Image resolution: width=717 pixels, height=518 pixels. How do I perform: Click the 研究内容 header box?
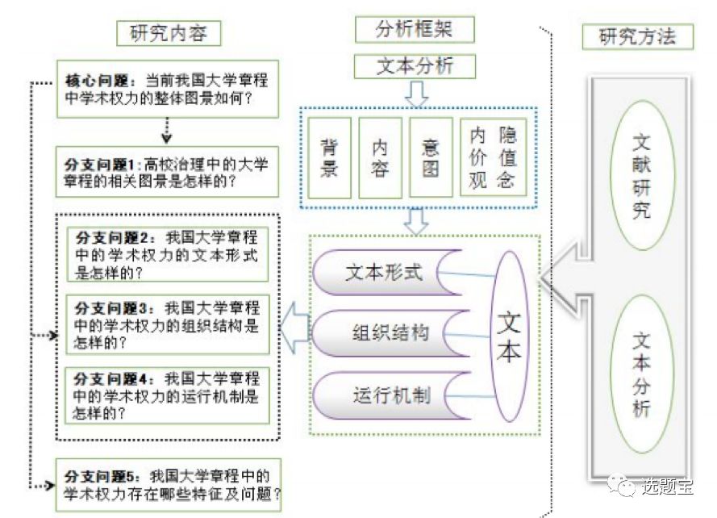pos(169,33)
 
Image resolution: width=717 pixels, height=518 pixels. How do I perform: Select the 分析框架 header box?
pos(415,30)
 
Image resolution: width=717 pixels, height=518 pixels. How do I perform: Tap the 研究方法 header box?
pos(637,36)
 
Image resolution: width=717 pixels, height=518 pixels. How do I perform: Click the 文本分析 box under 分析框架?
pos(415,66)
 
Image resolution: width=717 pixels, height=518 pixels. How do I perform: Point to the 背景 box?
pos(329,158)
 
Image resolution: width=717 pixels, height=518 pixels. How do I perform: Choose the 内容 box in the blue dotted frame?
pos(380,158)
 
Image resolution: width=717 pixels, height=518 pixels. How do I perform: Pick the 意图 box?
pos(431,158)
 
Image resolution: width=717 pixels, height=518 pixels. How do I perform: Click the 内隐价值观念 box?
pos(493,157)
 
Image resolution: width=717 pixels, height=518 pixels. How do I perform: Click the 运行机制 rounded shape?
pos(391,395)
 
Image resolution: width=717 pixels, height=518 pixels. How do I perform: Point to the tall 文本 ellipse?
pos(509,336)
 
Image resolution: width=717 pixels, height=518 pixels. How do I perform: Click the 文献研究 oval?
pos(642,176)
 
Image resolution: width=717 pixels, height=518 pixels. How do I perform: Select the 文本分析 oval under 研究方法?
pos(642,374)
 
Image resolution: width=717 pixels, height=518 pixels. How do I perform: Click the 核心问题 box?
pos(168,90)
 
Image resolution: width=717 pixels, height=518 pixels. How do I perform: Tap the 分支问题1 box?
pos(167,172)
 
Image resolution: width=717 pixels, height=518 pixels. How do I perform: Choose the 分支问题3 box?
pos(168,325)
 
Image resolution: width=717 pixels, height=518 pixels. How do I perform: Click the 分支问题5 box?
pos(169,485)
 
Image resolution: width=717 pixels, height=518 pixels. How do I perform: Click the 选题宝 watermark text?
pos(667,486)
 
